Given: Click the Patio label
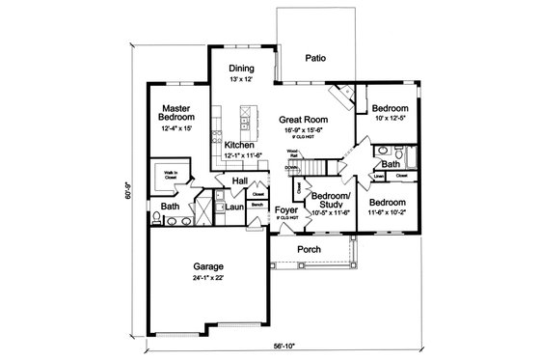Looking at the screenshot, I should (315, 58).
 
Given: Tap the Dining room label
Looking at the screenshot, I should (240, 69).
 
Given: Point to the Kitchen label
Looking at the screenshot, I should (239, 146).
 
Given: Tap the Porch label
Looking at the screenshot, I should (308, 248).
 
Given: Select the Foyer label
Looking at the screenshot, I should (284, 209).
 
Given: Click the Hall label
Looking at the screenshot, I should (240, 180).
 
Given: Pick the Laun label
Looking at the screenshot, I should (234, 206).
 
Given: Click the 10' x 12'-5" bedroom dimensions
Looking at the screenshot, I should (391, 119).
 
